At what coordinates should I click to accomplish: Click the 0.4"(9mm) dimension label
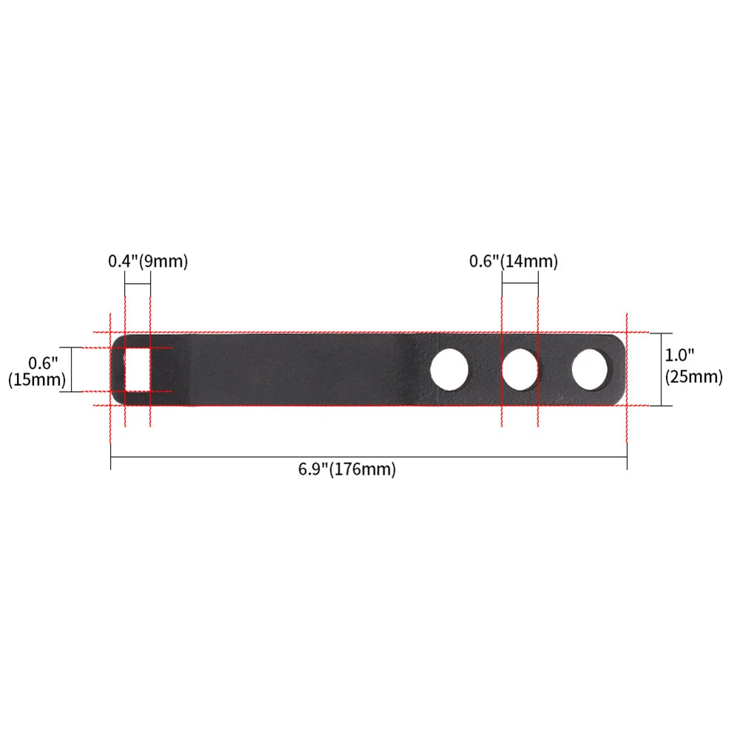coord(148,261)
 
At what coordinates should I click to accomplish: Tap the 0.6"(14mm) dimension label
coord(514,261)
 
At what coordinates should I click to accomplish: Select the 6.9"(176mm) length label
coord(347,469)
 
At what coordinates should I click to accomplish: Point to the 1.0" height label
coord(679,355)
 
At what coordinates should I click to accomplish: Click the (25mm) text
coord(693,376)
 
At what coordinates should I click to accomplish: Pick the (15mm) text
coord(37,379)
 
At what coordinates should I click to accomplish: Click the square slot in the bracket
coord(138,370)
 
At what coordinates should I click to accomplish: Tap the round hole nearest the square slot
coord(449,370)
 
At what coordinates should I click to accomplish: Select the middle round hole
coord(520,370)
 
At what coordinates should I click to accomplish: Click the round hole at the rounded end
coord(590,370)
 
